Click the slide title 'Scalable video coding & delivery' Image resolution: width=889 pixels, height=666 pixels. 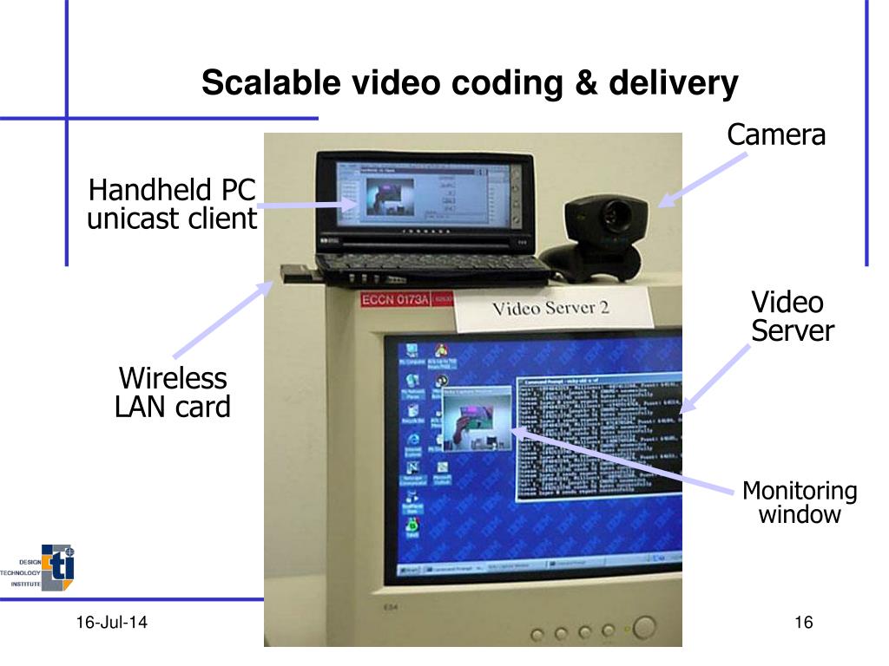click(x=470, y=84)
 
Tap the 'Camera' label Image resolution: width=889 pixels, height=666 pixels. click(x=775, y=135)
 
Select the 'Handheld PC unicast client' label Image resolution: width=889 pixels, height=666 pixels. click(x=173, y=204)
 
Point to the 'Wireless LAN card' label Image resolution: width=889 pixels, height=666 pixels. click(x=173, y=392)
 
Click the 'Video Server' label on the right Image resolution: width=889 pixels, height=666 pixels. click(x=792, y=317)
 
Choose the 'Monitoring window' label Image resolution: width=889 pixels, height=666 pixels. click(x=799, y=503)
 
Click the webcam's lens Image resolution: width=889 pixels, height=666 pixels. click(x=617, y=211)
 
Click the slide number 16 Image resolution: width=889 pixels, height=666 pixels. click(x=802, y=622)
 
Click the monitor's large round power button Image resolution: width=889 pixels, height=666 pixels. click(x=645, y=628)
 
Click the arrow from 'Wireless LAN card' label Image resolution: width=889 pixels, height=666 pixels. click(x=224, y=318)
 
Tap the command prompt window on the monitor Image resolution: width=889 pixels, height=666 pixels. click(x=598, y=438)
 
